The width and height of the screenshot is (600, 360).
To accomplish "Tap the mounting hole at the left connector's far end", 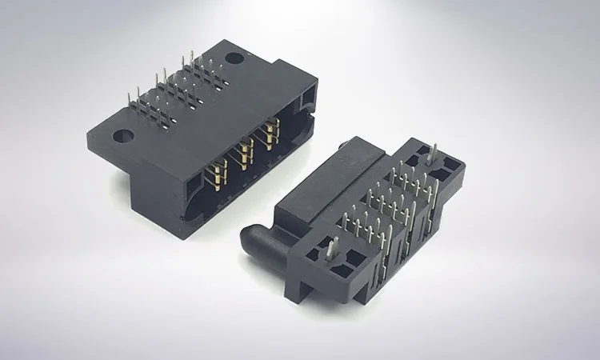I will [232, 58].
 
